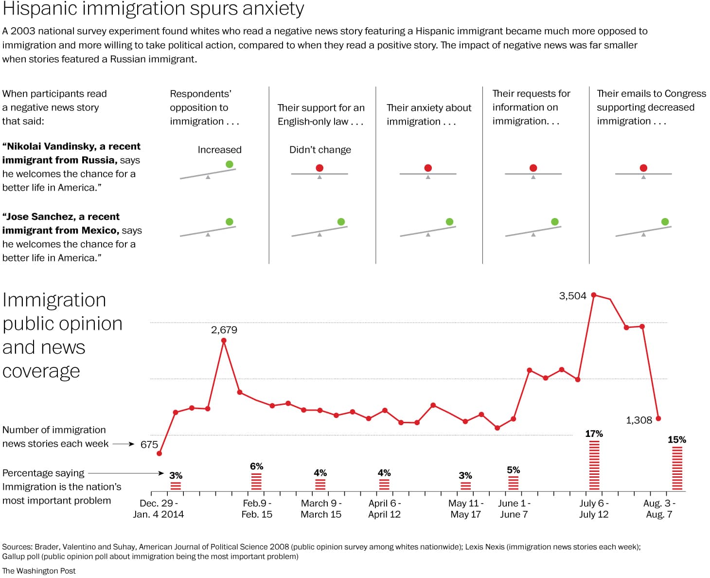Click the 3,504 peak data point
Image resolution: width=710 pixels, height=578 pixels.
pyautogui.click(x=593, y=295)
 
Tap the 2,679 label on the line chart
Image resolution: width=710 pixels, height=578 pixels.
pyautogui.click(x=224, y=330)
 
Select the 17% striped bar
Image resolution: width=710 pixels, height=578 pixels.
pyautogui.click(x=594, y=465)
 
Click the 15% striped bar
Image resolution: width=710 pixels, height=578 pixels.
pyautogui.click(x=677, y=468)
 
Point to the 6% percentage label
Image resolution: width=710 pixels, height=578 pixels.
pyautogui.click(x=256, y=466)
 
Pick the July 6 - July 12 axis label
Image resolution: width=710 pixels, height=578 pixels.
pyautogui.click(x=594, y=508)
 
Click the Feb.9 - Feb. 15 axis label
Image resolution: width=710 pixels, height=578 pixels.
pyautogui.click(x=257, y=508)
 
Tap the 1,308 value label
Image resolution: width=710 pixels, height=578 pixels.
pyautogui.click(x=639, y=420)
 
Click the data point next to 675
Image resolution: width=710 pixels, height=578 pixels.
pyautogui.click(x=159, y=453)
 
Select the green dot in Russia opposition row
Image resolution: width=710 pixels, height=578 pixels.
pyautogui.click(x=230, y=164)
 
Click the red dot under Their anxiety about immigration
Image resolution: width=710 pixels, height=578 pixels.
pyautogui.click(x=428, y=168)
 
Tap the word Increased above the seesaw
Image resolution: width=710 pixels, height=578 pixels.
pyautogui.click(x=219, y=150)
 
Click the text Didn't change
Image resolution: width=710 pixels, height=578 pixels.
pyautogui.click(x=320, y=150)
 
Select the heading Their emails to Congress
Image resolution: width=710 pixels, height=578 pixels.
pyautogui.click(x=651, y=93)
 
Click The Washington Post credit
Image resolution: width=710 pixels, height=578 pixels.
pyautogui.click(x=39, y=571)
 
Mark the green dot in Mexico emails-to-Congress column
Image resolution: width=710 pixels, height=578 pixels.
pyautogui.click(x=665, y=222)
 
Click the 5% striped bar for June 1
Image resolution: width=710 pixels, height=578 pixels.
pyautogui.click(x=513, y=483)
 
